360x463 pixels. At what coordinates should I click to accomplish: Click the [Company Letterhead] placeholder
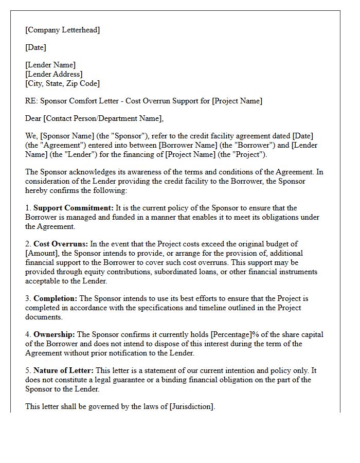tap(62, 30)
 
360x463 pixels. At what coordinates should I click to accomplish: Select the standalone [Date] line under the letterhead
tap(35, 47)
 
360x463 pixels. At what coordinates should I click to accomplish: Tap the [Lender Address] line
tap(53, 74)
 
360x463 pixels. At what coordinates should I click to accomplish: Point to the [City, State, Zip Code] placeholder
tap(62, 83)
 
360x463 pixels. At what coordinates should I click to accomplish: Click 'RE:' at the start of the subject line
tap(31, 101)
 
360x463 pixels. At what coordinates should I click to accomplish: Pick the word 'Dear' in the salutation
tap(33, 118)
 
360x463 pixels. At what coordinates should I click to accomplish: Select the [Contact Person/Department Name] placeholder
tap(103, 118)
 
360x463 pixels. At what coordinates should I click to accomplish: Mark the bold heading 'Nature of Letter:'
tap(65, 370)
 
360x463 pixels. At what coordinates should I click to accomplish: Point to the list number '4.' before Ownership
tap(28, 334)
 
